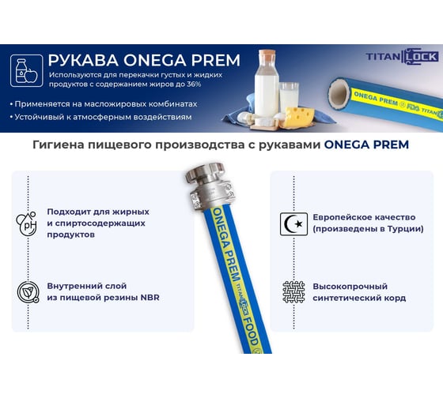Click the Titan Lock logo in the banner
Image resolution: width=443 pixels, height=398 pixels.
tap(403, 56)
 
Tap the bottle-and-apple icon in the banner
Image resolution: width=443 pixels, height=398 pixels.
tap(27, 70)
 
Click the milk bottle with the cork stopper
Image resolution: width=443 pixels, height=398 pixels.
tap(266, 84)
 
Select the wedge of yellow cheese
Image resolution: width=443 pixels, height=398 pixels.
tap(298, 117)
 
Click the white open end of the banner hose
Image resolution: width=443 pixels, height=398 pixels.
tap(339, 92)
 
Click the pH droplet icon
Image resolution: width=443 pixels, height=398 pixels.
tap(27, 223)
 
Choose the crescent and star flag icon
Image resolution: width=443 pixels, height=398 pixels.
tap(293, 224)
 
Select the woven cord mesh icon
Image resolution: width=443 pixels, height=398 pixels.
tap(293, 292)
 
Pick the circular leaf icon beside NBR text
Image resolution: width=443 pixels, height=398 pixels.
tap(28, 292)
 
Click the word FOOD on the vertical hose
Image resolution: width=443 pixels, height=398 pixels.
tap(252, 332)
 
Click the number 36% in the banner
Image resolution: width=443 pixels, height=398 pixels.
tap(194, 84)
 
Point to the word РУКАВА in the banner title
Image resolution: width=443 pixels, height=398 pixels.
tap(83, 60)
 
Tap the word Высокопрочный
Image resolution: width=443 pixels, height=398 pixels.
tap(350, 287)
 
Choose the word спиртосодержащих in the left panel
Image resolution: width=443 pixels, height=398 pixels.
tap(100, 223)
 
